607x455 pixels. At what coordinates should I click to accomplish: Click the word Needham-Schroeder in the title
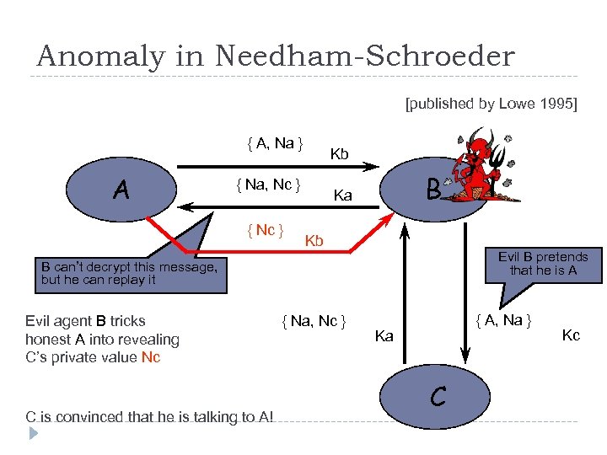coord(364,56)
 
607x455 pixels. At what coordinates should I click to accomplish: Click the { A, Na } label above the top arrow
coord(276,143)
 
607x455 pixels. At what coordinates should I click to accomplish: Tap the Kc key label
coord(571,335)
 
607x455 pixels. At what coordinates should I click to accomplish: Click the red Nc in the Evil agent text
coord(151,357)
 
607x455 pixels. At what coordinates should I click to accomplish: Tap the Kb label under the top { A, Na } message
coord(339,154)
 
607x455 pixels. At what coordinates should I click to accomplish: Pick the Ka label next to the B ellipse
coord(342,195)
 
